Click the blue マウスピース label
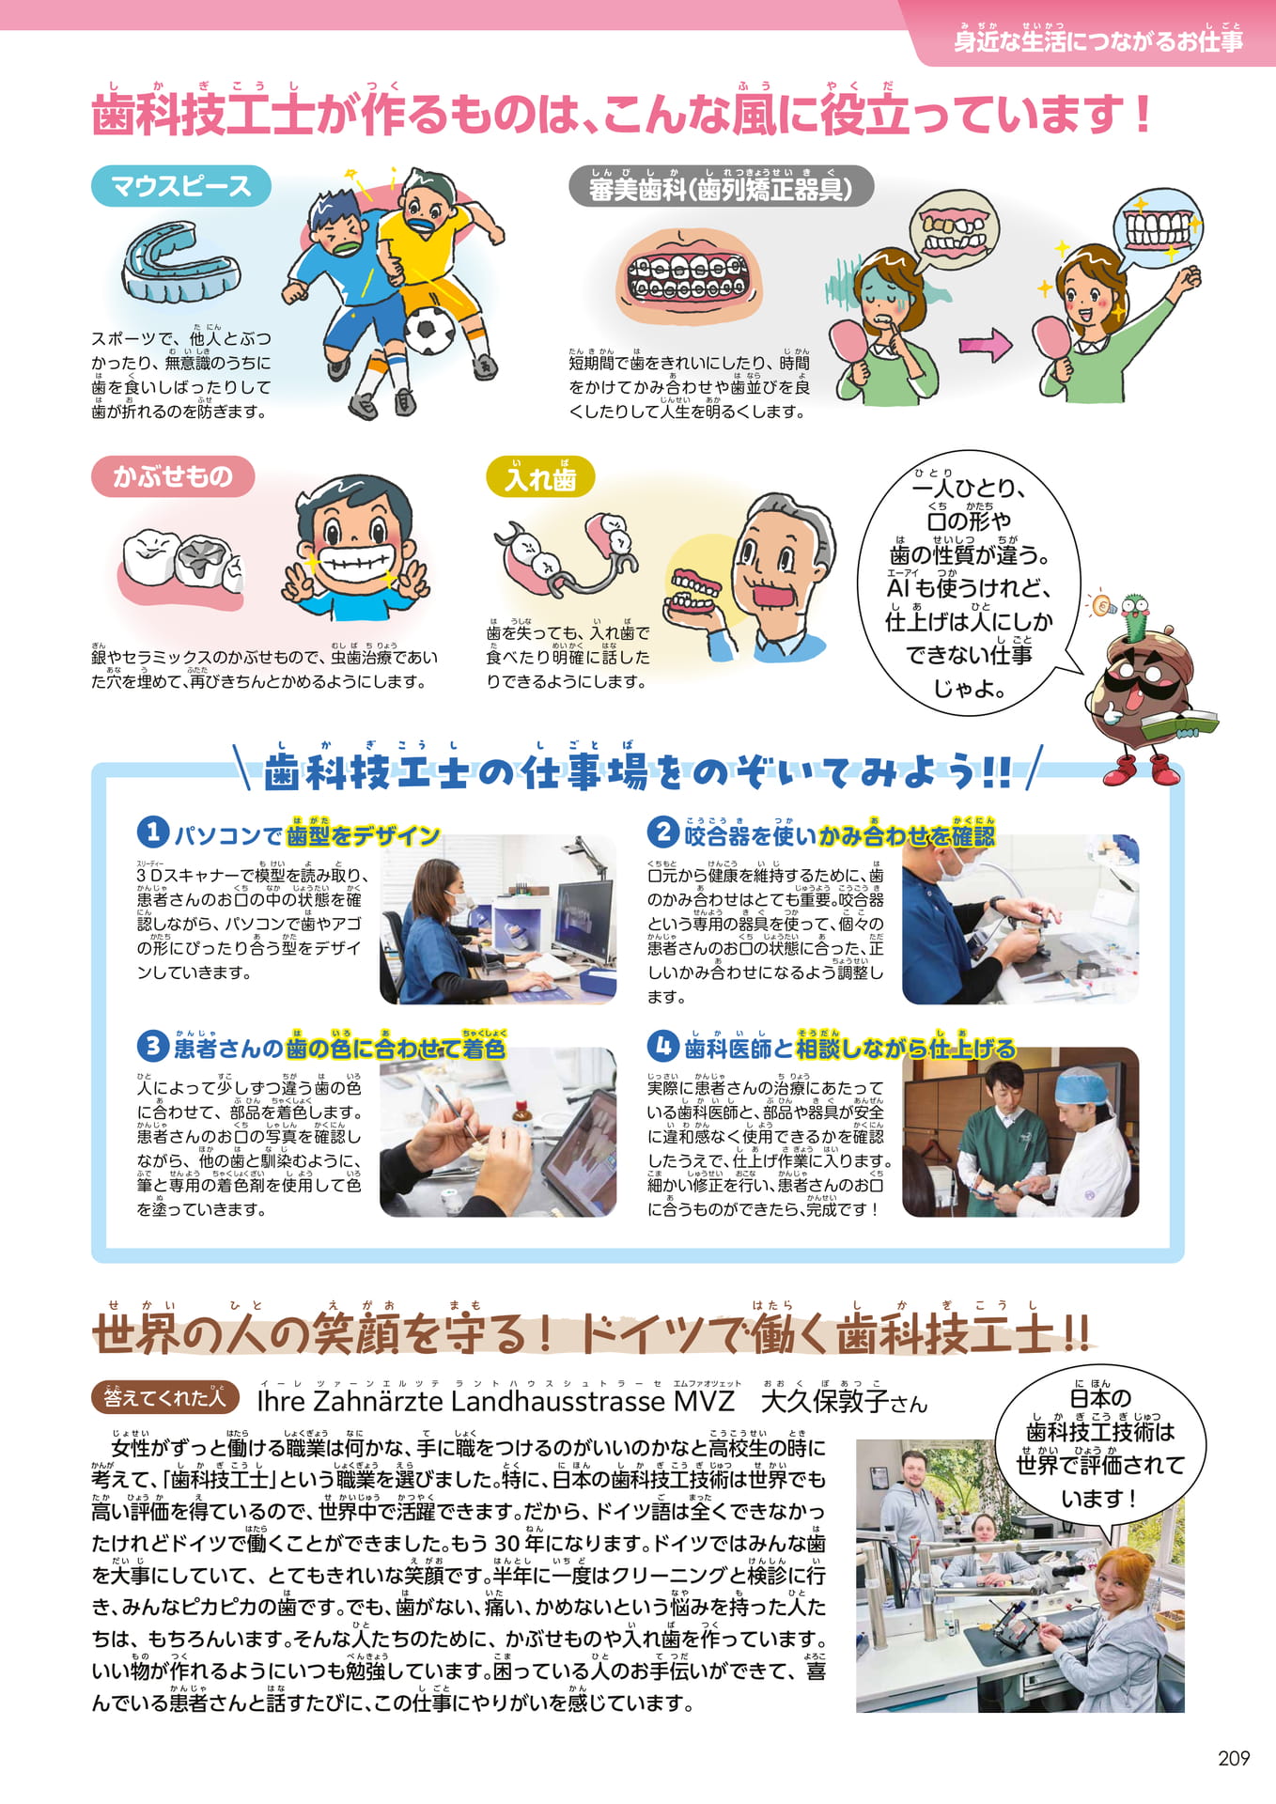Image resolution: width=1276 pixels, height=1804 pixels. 181,186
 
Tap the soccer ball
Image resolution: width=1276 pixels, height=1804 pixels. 429,329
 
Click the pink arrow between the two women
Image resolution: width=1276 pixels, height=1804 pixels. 985,346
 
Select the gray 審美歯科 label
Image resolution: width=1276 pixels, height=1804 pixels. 721,187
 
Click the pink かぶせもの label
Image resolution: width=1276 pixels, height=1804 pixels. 173,476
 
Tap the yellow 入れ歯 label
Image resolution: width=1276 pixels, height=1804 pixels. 540,477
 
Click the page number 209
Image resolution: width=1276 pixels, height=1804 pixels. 1233,1758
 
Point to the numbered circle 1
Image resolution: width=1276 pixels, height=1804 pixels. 152,832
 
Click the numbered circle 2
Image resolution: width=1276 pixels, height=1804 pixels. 663,832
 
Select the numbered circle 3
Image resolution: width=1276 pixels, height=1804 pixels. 152,1046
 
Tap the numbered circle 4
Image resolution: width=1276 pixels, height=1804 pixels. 663,1046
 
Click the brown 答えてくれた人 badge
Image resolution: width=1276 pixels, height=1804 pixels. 165,1398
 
